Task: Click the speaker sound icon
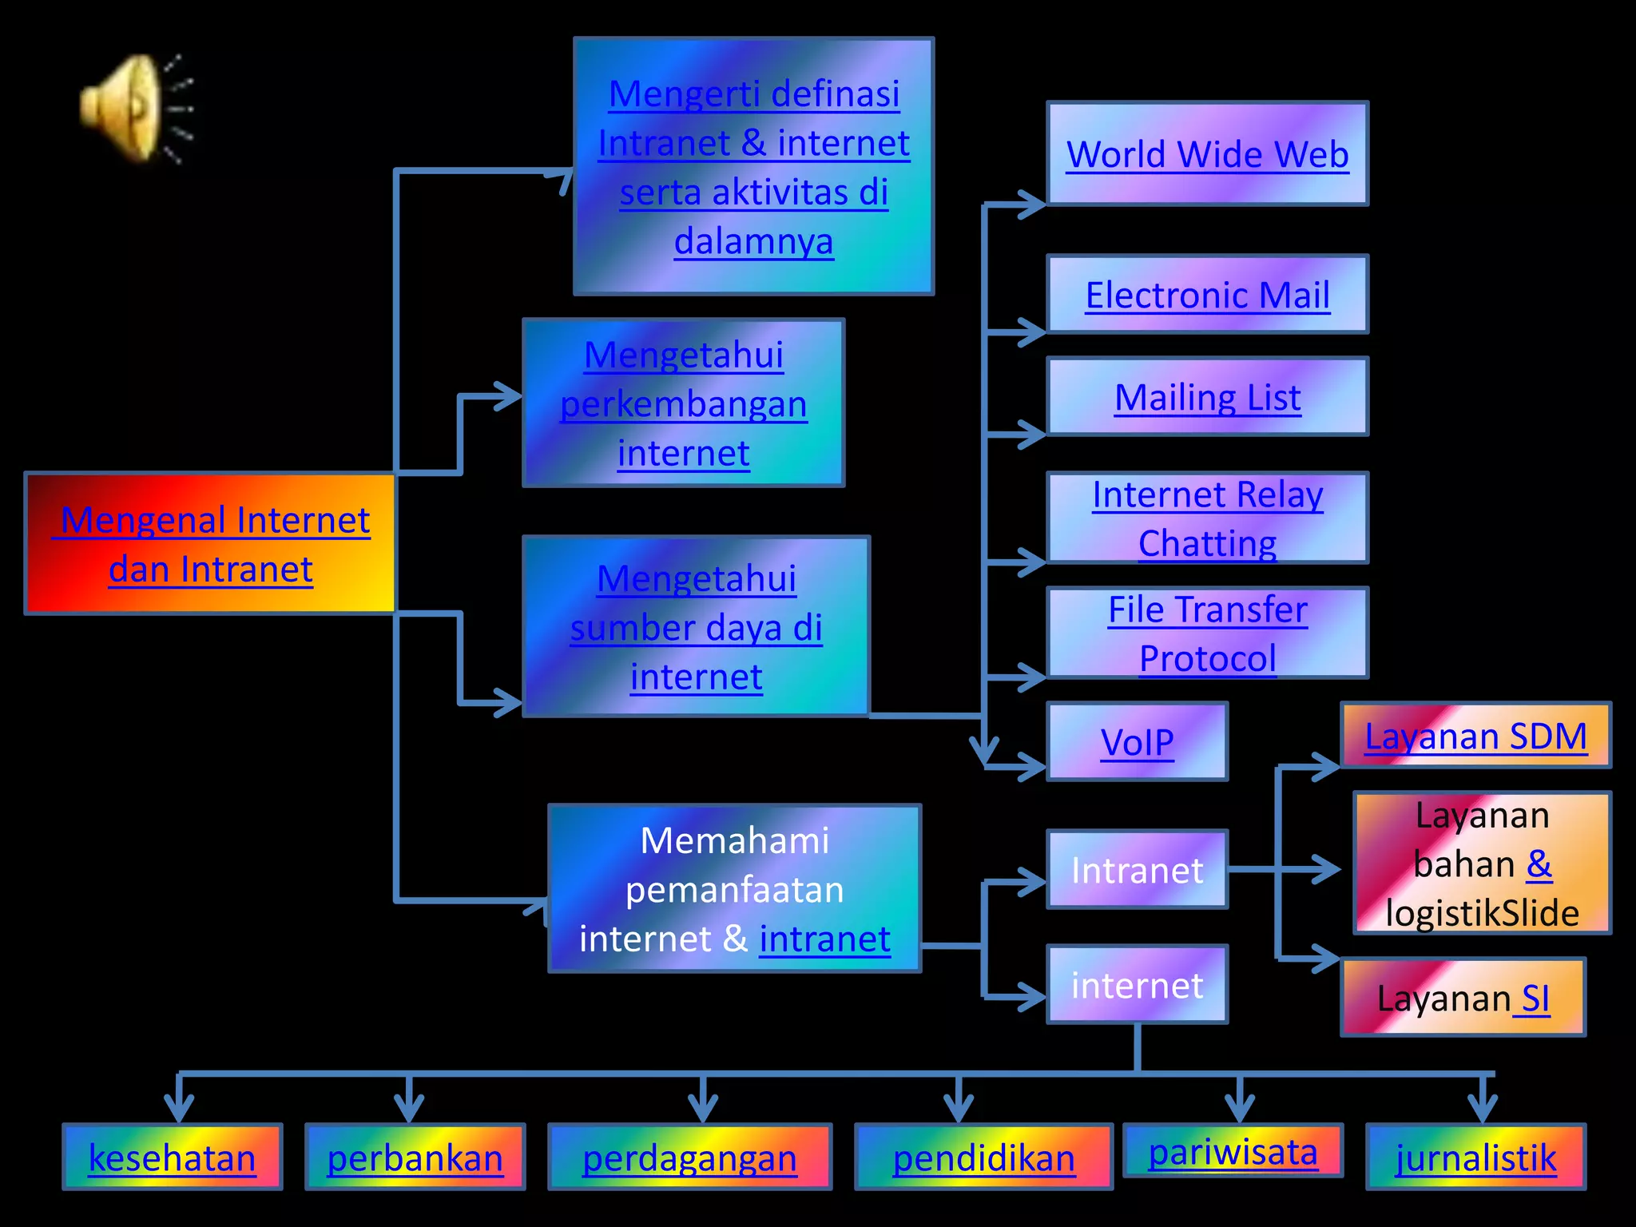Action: pyautogui.click(x=132, y=108)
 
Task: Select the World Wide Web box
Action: pyautogui.click(x=1207, y=154)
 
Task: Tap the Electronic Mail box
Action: pyautogui.click(x=1207, y=295)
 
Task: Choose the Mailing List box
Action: pyautogui.click(x=1207, y=397)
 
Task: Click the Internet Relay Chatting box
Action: pyautogui.click(x=1207, y=518)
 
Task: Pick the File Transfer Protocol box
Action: pyautogui.click(x=1207, y=633)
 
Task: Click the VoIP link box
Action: pyautogui.click(x=1137, y=742)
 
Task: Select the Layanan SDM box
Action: pyautogui.click(x=1475, y=736)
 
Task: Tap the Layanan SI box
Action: pyautogui.click(x=1463, y=998)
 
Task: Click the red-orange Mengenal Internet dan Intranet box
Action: pyautogui.click(x=211, y=544)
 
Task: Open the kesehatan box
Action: pyautogui.click(x=172, y=1158)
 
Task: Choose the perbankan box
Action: pyautogui.click(x=415, y=1158)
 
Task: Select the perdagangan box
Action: pyautogui.click(x=689, y=1158)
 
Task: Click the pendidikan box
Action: pyautogui.click(x=983, y=1158)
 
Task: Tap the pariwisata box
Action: pyautogui.click(x=1233, y=1151)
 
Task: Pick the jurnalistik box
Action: pyautogui.click(x=1475, y=1158)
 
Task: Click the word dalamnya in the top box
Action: pyautogui.click(x=753, y=241)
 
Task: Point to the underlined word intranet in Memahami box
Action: pyautogui.click(x=824, y=939)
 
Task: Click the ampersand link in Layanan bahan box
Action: pyautogui.click(x=1539, y=864)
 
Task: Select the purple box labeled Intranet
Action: pyautogui.click(x=1137, y=870)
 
